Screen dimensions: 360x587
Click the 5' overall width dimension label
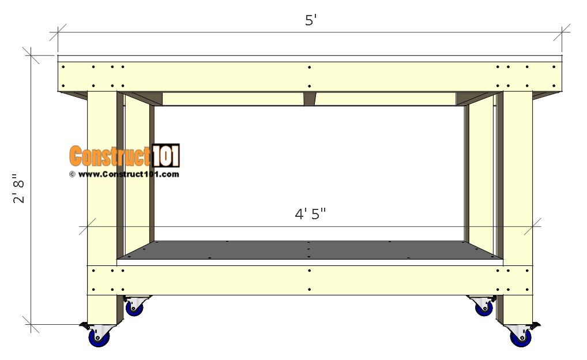pyautogui.click(x=311, y=20)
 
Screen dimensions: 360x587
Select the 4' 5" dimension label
pyautogui.click(x=311, y=214)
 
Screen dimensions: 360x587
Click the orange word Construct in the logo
pyautogui.click(x=110, y=156)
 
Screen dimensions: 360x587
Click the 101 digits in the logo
pyautogui.click(x=165, y=156)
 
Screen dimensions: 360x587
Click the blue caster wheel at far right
pyautogui.click(x=521, y=339)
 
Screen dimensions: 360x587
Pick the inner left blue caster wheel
pyautogui.click(x=135, y=309)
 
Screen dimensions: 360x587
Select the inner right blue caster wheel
pyautogui.click(x=483, y=309)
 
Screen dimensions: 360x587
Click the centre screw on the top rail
pyautogui.click(x=310, y=68)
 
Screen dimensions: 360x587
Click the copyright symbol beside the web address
pyautogui.click(x=72, y=174)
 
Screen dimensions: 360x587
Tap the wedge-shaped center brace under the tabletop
pyautogui.click(x=310, y=99)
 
